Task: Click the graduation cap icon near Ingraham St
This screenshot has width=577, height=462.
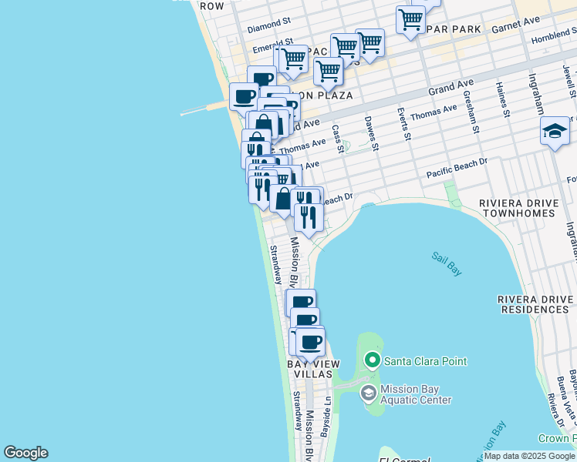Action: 555,132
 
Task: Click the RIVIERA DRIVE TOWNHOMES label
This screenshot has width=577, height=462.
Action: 524,209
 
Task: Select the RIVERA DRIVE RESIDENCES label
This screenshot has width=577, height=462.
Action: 535,304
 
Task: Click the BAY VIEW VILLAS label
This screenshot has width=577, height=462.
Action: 309,368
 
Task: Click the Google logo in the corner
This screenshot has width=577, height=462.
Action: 25,453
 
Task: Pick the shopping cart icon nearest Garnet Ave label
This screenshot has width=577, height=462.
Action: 410,18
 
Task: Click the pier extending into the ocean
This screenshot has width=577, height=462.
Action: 204,110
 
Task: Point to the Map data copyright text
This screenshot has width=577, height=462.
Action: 530,456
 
